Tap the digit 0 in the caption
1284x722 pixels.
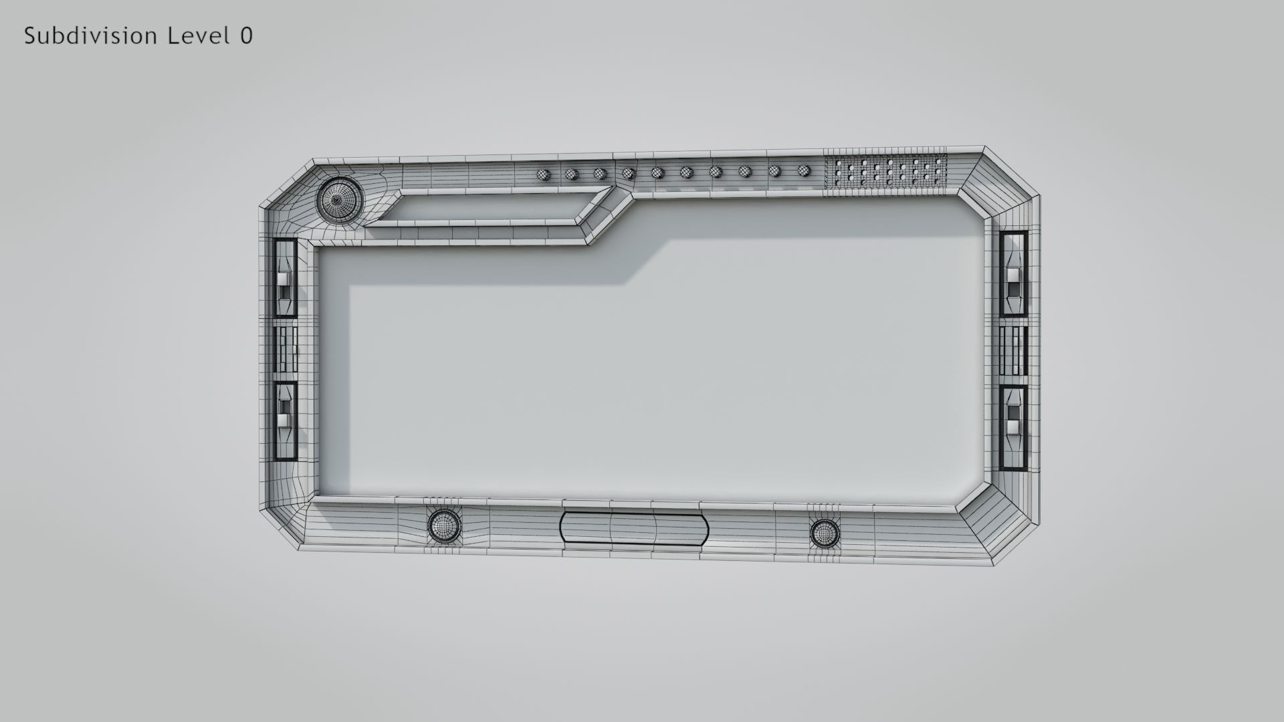pyautogui.click(x=246, y=36)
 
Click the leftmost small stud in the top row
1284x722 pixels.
pyautogui.click(x=542, y=175)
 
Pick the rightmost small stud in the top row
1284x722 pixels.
pyautogui.click(x=805, y=170)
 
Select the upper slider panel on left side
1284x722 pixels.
pyautogui.click(x=285, y=278)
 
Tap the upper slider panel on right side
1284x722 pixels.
pyautogui.click(x=1014, y=273)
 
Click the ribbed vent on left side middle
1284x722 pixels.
pyautogui.click(x=286, y=349)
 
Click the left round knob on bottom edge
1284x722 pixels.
pyautogui.click(x=443, y=525)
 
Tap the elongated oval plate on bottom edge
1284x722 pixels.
pyautogui.click(x=633, y=528)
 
